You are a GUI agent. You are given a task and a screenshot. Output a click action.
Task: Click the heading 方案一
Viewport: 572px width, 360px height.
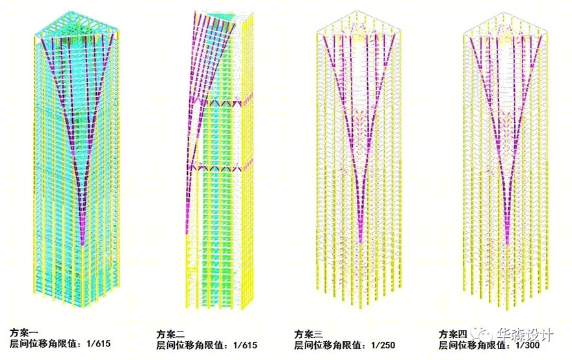point(23,332)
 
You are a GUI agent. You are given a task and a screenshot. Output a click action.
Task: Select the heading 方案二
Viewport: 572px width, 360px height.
point(170,334)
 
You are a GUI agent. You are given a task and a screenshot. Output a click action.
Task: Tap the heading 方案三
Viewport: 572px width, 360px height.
point(308,334)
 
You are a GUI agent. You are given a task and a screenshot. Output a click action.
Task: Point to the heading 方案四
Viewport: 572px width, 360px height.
point(452,334)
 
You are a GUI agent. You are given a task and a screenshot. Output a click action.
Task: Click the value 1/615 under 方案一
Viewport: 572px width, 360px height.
point(99,343)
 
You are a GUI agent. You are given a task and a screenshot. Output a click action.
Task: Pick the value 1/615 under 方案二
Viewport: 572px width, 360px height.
point(245,345)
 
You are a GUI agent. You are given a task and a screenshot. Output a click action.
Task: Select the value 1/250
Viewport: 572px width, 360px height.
point(383,345)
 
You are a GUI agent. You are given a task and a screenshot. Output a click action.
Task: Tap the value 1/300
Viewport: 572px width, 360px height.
point(528,345)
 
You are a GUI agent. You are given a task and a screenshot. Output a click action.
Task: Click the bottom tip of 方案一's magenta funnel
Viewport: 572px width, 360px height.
point(83,245)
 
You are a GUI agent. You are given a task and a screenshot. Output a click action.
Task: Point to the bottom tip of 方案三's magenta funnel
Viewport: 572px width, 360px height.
point(360,242)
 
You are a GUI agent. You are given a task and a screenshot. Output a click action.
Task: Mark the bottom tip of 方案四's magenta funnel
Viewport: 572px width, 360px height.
point(507,244)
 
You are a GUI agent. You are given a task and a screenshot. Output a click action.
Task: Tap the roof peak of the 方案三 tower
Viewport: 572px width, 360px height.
point(357,11)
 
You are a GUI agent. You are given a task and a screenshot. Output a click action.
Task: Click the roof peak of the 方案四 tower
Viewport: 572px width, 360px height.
point(504,12)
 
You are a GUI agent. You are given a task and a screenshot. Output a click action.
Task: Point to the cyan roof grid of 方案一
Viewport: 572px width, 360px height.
point(77,24)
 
